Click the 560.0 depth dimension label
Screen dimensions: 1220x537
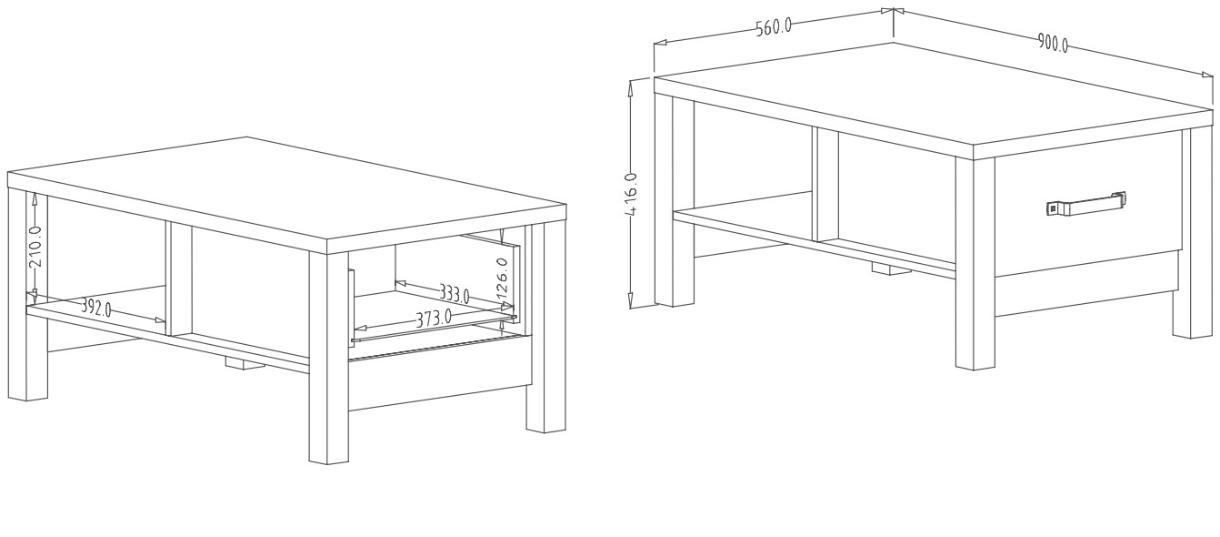coord(773,26)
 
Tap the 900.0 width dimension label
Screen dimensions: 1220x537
coord(1052,43)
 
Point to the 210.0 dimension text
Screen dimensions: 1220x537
coord(36,247)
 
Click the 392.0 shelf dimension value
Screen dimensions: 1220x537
coord(96,308)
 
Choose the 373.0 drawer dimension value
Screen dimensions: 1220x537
coord(434,317)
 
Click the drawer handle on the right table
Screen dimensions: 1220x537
coord(1086,203)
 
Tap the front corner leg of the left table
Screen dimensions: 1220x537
coord(328,357)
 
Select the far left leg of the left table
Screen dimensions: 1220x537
coord(27,294)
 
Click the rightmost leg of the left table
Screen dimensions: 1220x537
coord(545,327)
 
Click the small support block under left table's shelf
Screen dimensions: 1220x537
coord(244,364)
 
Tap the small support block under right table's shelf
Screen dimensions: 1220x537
coord(889,268)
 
